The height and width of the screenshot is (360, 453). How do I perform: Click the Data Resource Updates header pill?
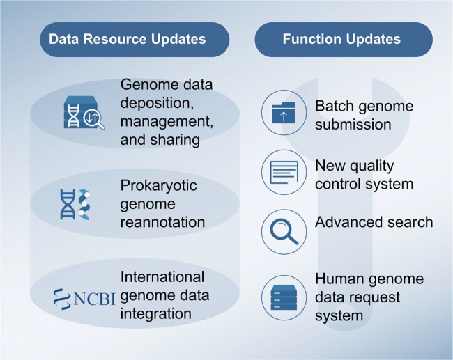[127, 39]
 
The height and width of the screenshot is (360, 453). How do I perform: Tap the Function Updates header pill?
[341, 39]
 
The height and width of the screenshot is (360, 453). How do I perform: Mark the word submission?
[348, 125]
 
